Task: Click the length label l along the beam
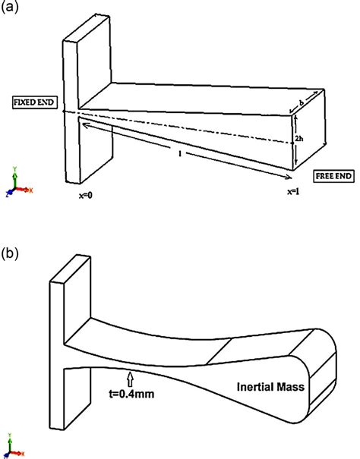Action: pyautogui.click(x=177, y=153)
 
